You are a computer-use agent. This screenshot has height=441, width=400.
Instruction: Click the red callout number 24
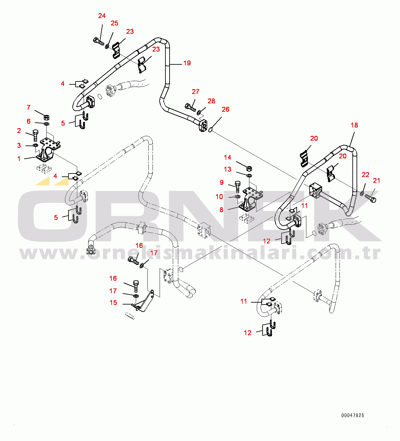tap(102, 16)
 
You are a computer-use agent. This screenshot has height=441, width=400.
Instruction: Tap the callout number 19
tap(187, 63)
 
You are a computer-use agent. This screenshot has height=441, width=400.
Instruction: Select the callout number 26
tap(226, 109)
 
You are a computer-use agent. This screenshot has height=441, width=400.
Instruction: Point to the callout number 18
tap(354, 125)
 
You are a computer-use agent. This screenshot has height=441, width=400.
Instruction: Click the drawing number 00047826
tap(352, 415)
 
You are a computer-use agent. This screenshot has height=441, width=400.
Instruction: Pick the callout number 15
tap(113, 303)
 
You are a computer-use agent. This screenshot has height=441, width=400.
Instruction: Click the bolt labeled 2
tap(35, 135)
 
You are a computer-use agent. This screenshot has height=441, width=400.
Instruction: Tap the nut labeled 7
tap(46, 117)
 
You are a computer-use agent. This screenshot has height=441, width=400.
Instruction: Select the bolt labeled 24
tap(98, 41)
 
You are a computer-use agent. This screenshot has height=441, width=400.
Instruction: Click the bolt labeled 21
tap(370, 198)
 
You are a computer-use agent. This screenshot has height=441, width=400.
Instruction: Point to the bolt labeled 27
tap(190, 107)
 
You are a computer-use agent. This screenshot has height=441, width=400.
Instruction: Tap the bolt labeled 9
tap(237, 187)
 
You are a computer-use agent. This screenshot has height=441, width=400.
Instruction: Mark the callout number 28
tap(211, 101)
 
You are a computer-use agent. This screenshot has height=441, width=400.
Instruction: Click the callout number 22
tap(366, 175)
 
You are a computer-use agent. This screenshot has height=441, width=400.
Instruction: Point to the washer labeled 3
tap(35, 145)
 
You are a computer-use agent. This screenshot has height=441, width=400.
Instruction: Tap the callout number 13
tap(228, 169)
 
